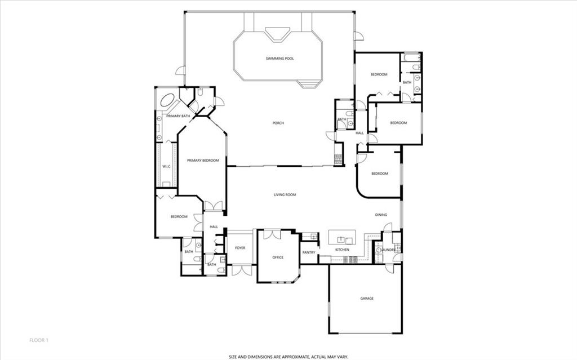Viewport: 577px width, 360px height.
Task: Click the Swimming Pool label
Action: pos(279,59)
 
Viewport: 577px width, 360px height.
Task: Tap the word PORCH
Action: pos(278,123)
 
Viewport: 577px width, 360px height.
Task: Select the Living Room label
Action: pos(285,195)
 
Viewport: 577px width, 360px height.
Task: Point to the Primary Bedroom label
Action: pos(203,161)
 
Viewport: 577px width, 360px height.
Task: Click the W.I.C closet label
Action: pos(166,167)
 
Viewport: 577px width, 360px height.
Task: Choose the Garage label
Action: pos(367,299)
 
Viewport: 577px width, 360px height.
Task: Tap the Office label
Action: pos(278,257)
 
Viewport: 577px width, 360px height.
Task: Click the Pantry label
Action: pos(309,252)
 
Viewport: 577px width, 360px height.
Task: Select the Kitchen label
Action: pos(342,250)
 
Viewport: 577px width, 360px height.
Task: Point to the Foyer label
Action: pos(240,248)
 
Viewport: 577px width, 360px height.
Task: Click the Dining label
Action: pos(381,215)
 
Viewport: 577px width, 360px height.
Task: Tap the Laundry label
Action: pos(388,250)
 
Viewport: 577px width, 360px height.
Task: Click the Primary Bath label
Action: pos(178,116)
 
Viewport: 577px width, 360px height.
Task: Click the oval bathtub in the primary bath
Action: pos(167,100)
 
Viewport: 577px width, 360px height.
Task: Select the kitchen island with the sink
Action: pos(342,237)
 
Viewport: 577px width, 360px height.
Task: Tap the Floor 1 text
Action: pos(39,340)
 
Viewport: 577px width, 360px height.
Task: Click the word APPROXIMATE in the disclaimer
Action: pos(289,357)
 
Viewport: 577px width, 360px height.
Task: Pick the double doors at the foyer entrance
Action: pos(242,270)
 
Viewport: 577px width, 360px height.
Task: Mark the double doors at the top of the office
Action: pos(272,234)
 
